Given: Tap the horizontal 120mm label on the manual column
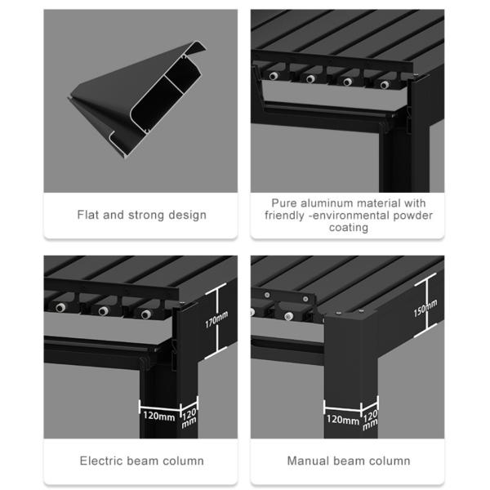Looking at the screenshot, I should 343,421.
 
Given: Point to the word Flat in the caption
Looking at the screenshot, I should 89,216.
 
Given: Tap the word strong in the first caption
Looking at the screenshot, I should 154,216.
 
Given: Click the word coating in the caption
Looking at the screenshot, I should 349,228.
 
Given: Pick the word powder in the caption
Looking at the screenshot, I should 413,216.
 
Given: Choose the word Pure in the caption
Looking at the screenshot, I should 286,203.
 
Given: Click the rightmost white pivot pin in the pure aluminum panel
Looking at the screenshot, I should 384,84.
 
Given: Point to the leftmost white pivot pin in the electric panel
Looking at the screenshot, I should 60,308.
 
